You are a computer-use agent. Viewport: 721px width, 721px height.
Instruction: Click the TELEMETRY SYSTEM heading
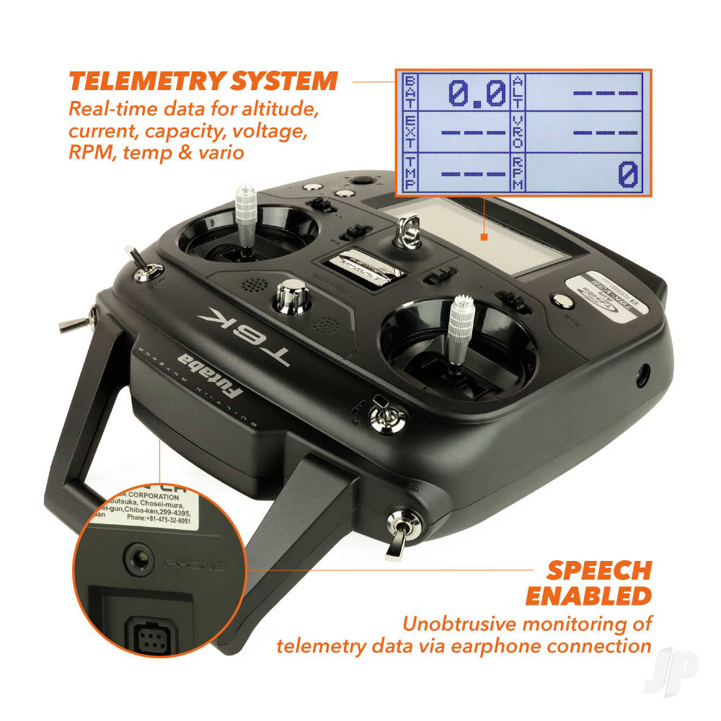tap(203, 81)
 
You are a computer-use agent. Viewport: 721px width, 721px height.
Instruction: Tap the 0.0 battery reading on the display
tap(477, 92)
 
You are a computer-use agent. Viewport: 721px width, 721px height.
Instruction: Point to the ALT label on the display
tap(518, 92)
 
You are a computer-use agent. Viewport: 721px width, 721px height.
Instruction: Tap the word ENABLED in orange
tap(588, 596)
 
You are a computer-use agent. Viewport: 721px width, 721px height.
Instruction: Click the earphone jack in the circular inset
tap(137, 556)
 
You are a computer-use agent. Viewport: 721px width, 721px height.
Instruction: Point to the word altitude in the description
tap(277, 111)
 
